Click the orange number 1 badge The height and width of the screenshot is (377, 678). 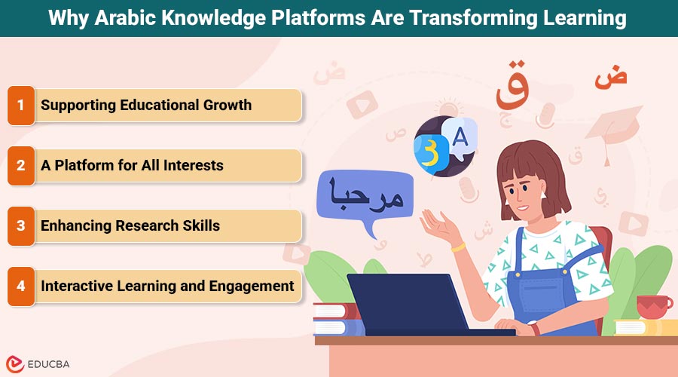click(x=21, y=106)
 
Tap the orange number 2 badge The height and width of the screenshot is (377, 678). click(x=21, y=166)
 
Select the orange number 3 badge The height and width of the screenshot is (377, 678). click(x=21, y=226)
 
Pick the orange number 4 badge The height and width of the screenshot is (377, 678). click(x=21, y=287)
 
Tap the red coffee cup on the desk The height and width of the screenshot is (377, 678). click(x=653, y=306)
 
